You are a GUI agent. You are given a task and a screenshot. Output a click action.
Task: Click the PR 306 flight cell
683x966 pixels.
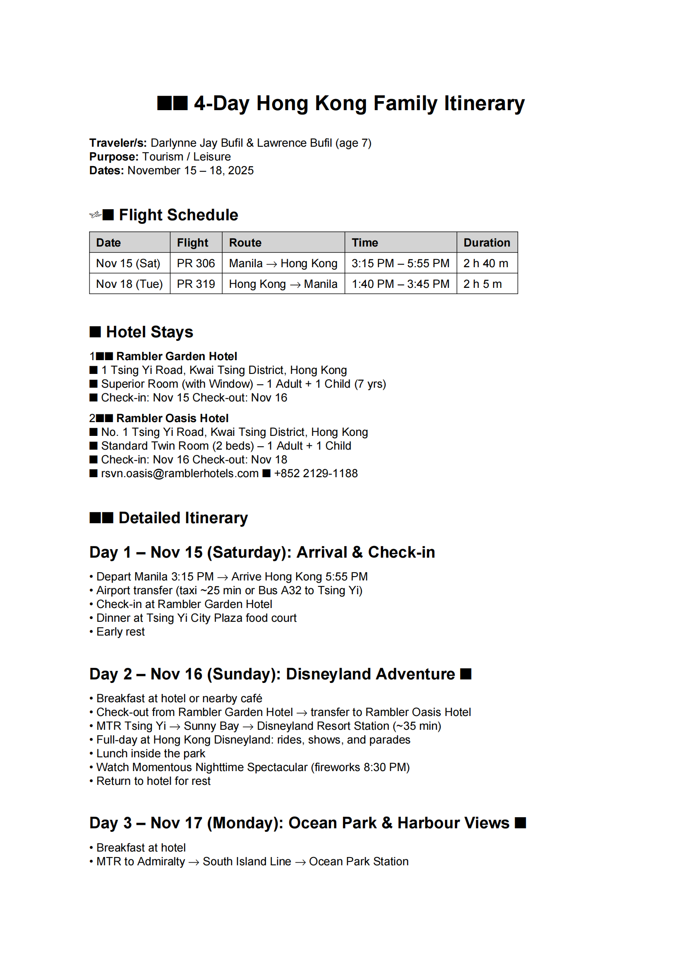(x=196, y=263)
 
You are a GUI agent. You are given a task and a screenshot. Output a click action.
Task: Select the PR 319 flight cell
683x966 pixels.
(x=196, y=284)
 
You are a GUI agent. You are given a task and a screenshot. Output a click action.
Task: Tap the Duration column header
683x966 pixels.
(x=486, y=243)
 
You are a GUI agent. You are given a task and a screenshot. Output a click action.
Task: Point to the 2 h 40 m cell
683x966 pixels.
(x=485, y=263)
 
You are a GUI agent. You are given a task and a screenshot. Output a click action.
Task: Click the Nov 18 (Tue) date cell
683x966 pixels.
(x=129, y=284)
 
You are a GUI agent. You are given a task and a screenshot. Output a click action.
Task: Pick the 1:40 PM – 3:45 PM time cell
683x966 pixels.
(x=400, y=284)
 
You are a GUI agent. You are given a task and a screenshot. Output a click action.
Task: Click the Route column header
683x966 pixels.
(x=245, y=243)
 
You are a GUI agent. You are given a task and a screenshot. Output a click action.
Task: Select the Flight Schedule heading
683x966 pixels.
(x=178, y=215)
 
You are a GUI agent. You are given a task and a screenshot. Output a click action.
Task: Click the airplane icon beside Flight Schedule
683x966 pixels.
(x=95, y=214)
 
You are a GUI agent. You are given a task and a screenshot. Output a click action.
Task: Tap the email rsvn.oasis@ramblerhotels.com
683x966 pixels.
(x=179, y=473)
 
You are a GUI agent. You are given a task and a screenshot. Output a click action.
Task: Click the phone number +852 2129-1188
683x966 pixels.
(x=315, y=473)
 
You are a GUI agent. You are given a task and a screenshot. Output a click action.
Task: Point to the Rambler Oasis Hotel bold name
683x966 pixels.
(x=172, y=418)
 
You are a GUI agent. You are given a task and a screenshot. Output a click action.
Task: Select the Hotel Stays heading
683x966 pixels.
(x=149, y=332)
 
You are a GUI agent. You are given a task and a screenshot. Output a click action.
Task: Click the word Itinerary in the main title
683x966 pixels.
(x=484, y=103)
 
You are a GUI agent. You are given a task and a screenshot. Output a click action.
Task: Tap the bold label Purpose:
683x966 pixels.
(x=114, y=157)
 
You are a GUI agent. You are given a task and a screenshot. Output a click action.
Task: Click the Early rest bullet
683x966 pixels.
(x=121, y=632)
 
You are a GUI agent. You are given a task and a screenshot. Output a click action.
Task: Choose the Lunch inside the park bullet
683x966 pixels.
(x=151, y=753)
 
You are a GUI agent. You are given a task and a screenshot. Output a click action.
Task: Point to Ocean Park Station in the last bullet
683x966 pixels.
(x=358, y=861)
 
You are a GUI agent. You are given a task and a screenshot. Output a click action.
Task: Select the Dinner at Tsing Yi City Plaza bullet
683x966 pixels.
(x=196, y=618)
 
